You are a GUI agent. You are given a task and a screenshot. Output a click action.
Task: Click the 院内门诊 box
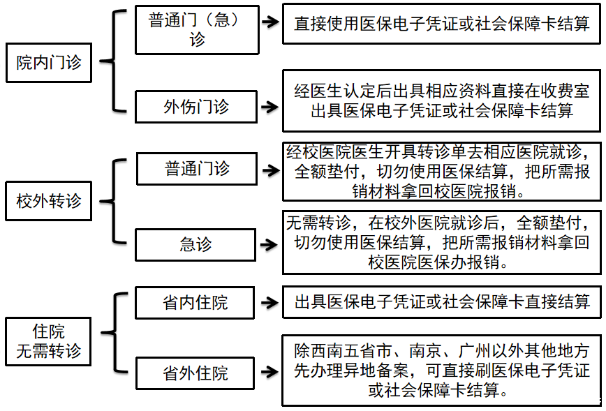coord(48,62)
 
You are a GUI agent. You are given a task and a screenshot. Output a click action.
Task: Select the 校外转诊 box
coord(48,201)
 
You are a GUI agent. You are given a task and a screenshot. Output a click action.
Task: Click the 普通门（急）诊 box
coord(196,30)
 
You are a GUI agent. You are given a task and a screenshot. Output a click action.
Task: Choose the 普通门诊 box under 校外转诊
coord(196,169)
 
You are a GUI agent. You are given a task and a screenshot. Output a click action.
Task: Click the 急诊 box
coord(196,244)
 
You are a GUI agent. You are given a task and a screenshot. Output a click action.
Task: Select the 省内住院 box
coord(196,303)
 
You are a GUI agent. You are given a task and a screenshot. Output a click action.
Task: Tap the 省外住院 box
coord(196,373)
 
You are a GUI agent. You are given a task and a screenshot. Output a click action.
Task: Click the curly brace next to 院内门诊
coord(113,61)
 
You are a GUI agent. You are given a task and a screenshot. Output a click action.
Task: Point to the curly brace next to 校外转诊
coord(113,202)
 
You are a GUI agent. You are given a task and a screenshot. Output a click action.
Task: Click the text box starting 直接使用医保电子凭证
coord(441,24)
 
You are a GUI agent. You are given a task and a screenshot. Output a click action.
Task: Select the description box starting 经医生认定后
coord(441,100)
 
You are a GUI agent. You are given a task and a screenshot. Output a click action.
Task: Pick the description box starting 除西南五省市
coord(441,370)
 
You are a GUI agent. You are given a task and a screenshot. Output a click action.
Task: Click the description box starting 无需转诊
coord(441,242)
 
